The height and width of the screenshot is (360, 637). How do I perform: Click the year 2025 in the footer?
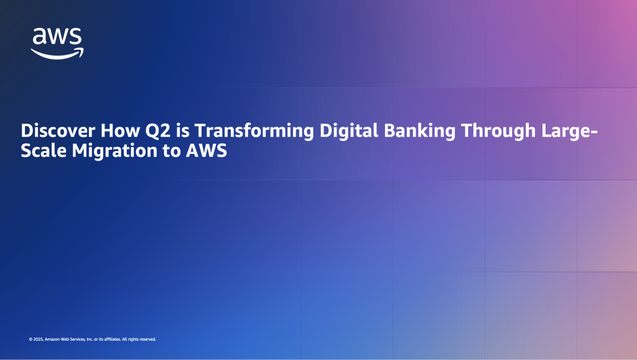pos(39,339)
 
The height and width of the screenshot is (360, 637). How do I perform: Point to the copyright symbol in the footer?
pos(30,339)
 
